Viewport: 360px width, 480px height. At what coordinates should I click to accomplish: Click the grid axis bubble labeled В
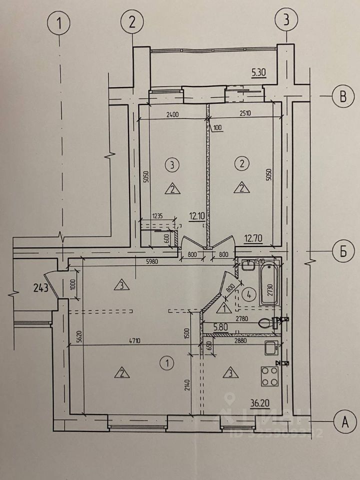click(x=343, y=96)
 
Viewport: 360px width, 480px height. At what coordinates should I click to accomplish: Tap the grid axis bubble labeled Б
click(x=343, y=251)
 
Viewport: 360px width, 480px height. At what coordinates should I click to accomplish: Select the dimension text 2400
click(x=172, y=114)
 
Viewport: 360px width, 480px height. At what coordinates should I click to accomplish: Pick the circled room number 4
click(x=248, y=292)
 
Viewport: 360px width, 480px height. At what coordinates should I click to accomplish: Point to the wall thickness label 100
click(x=217, y=128)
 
